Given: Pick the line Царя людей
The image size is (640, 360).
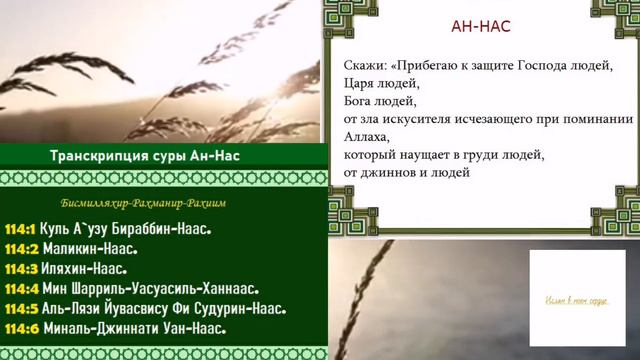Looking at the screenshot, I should click(x=376, y=83).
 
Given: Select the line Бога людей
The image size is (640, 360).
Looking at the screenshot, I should click(x=376, y=101).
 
